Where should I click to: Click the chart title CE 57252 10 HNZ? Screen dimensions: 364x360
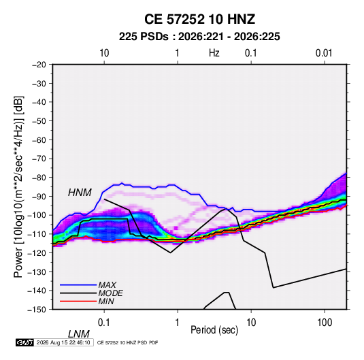tap(199, 19)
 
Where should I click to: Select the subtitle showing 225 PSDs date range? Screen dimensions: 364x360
tap(199, 37)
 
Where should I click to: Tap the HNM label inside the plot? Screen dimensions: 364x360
tap(80, 193)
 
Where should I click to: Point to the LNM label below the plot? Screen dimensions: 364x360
tap(79, 334)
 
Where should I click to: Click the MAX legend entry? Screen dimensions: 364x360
tap(107, 284)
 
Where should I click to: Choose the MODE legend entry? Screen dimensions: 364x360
tap(110, 293)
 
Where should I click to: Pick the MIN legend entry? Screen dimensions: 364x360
tap(106, 301)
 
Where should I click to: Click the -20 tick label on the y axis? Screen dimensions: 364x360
tap(39, 65)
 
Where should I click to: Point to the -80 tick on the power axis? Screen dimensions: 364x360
tap(39, 178)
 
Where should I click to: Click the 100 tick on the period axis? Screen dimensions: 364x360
tap(325, 323)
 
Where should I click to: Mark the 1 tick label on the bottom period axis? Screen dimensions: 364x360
tap(178, 323)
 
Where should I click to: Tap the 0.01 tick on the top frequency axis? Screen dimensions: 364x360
tap(324, 53)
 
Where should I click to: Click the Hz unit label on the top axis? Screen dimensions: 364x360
tap(214, 53)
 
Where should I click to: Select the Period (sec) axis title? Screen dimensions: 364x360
tap(214, 330)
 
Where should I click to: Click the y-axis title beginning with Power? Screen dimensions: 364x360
tap(18, 186)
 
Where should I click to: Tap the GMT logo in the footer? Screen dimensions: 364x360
tap(24, 342)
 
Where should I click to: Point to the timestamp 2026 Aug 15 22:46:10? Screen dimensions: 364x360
tap(63, 342)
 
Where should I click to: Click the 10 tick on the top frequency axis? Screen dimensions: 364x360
tap(104, 53)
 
